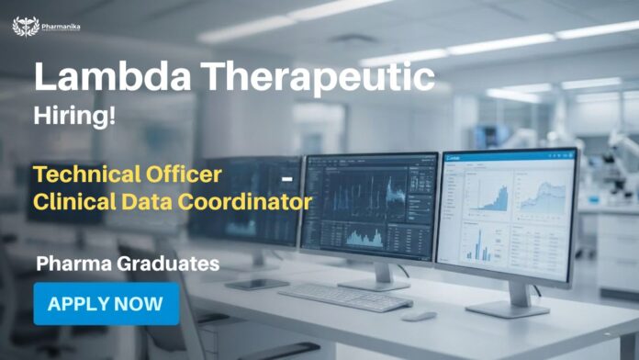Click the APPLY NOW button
point(106,304)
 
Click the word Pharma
point(73,264)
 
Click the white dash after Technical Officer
point(287,176)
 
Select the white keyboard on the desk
point(345,296)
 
